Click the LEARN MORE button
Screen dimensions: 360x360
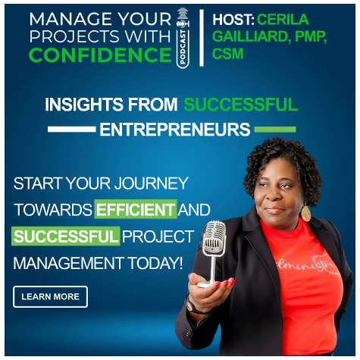tap(50, 296)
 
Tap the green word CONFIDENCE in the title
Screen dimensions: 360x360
tap(100, 55)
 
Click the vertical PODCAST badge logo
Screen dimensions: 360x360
tap(183, 38)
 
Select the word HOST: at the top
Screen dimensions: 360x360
tap(233, 20)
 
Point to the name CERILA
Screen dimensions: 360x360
tap(283, 20)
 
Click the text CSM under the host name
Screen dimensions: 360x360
tap(227, 54)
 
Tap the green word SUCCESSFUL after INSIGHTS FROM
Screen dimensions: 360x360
tap(240, 105)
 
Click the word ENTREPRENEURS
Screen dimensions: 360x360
tap(175, 130)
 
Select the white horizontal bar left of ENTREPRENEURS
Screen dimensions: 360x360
tap(72, 130)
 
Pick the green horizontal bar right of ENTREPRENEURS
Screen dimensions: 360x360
tap(275, 130)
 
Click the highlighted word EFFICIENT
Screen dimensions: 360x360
tap(136, 209)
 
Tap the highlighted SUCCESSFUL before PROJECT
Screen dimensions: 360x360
tap(66, 236)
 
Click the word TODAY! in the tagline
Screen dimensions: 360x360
tap(155, 263)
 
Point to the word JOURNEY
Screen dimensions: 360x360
tap(151, 183)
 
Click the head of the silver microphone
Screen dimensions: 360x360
tap(214, 238)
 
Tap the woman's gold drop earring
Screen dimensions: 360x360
tap(305, 214)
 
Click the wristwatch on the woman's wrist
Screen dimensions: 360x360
tap(190, 306)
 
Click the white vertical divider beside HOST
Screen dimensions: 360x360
tap(202, 38)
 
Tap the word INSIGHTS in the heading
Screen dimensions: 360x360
tap(84, 105)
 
